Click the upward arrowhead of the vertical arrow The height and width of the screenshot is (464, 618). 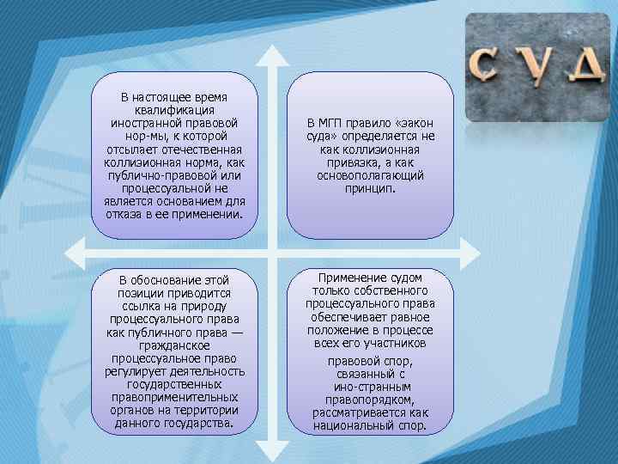(272, 53)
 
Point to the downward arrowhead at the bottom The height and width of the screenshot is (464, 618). (272, 450)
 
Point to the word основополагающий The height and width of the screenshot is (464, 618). (369, 175)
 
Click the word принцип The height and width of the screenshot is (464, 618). (369, 187)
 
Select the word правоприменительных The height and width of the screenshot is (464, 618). (174, 397)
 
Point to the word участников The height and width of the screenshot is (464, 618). (397, 343)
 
